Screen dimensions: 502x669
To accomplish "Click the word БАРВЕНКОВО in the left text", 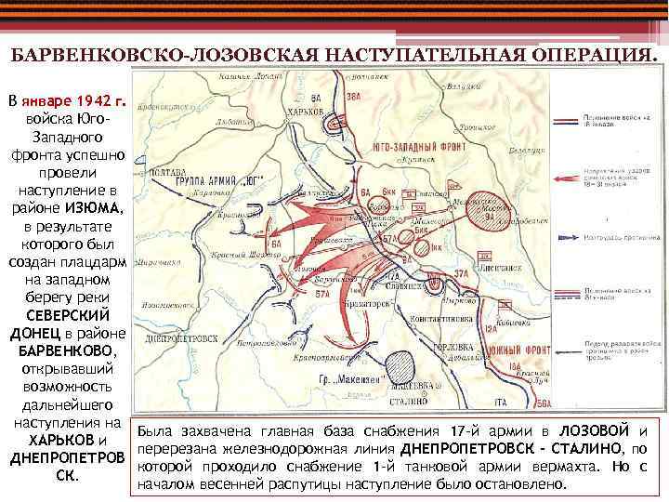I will point(67,351).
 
